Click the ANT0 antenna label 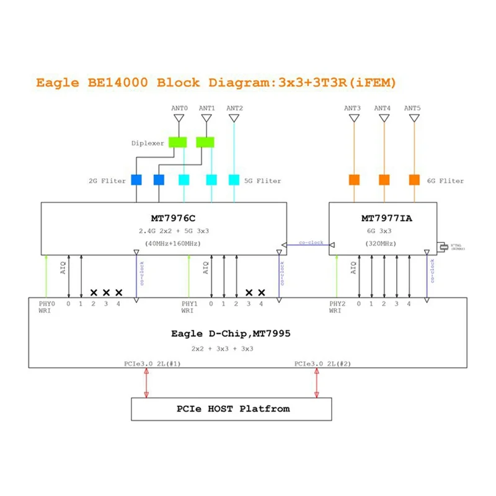pyautogui.click(x=179, y=108)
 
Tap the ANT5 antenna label pyautogui.click(x=412, y=108)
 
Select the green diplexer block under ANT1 pyautogui.click(x=205, y=142)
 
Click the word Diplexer pyautogui.click(x=148, y=143)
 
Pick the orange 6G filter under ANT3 pyautogui.click(x=354, y=180)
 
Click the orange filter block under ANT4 pyautogui.click(x=384, y=180)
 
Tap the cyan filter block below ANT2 pyautogui.click(x=234, y=180)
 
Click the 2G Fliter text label pyautogui.click(x=107, y=181)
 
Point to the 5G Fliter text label pyautogui.click(x=262, y=181)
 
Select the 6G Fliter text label pyautogui.click(x=445, y=181)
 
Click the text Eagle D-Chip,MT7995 pyautogui.click(x=231, y=334)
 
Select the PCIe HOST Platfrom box pyautogui.click(x=231, y=409)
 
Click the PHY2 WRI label pyautogui.click(x=337, y=308)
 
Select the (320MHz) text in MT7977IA pyautogui.click(x=384, y=242)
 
